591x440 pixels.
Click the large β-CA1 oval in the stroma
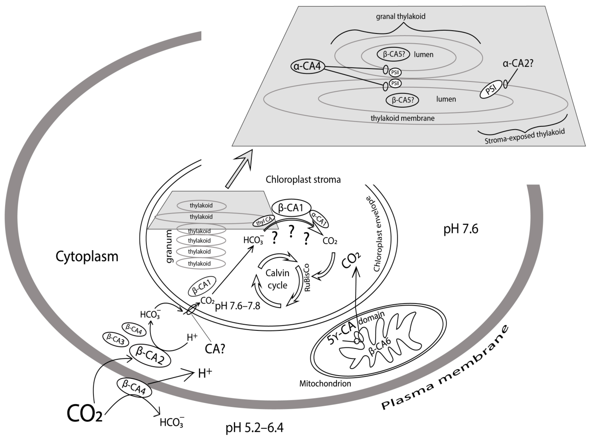[291, 207]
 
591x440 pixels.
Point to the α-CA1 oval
[318, 219]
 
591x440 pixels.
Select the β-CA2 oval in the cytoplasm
[150, 356]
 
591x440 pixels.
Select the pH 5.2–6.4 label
[254, 428]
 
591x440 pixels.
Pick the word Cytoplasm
[87, 257]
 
